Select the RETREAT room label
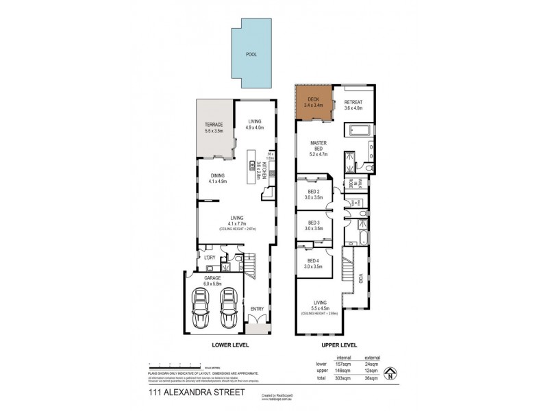tap(353, 105)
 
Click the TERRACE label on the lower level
tap(214, 127)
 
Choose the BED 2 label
tap(314, 194)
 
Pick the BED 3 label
tap(314, 226)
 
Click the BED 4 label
tap(314, 264)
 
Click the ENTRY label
tap(257, 309)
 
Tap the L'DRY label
tap(210, 258)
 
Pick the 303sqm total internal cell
tap(342, 377)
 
